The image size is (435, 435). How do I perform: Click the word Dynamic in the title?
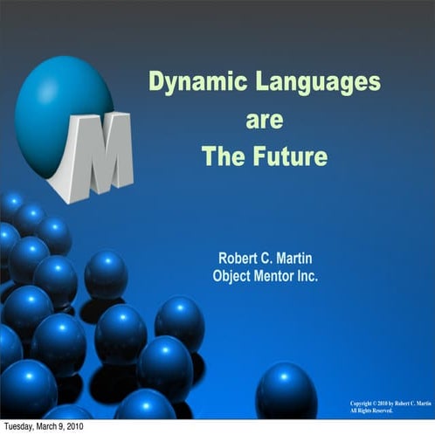189,82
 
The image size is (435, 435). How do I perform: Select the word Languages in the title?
307,82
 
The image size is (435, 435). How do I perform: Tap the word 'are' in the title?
264,120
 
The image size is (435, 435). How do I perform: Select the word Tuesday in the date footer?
22,427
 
